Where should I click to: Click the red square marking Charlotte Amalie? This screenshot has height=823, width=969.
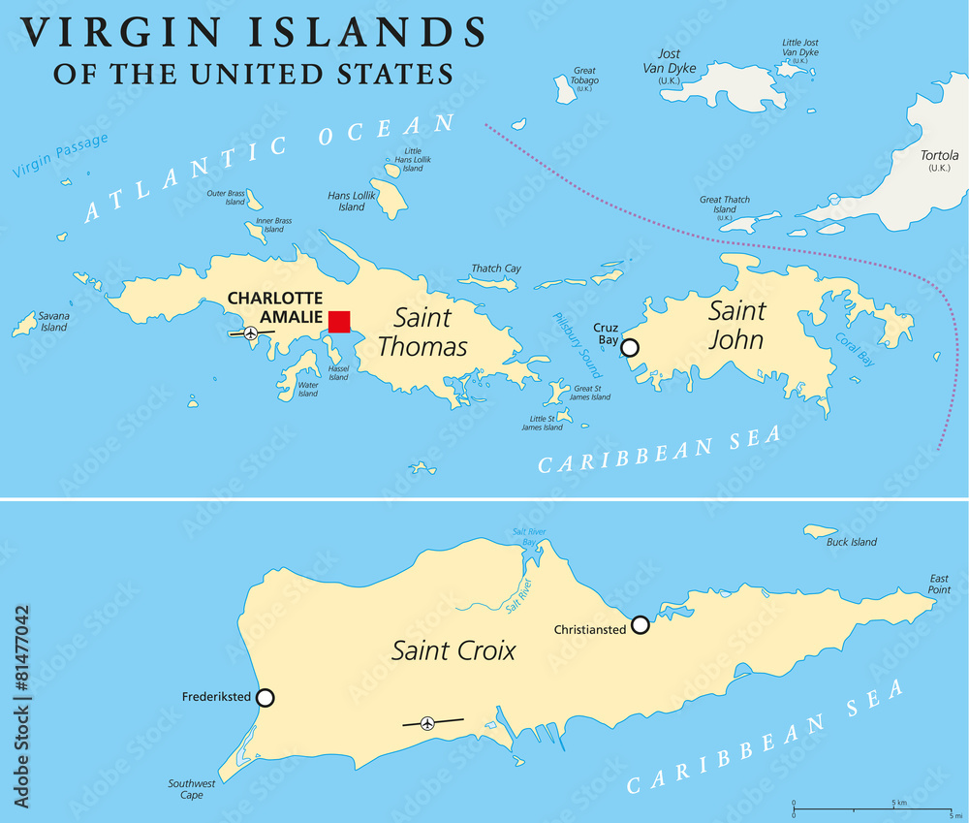[339, 322]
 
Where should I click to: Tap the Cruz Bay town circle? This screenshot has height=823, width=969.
[630, 347]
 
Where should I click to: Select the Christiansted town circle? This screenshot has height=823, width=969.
[640, 625]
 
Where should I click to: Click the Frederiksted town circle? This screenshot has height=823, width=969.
[265, 697]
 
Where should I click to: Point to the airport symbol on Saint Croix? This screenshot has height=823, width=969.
[427, 722]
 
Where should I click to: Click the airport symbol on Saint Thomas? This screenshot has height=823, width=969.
[251, 332]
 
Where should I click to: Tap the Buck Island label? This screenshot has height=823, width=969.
[851, 542]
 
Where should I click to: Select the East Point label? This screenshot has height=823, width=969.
[938, 585]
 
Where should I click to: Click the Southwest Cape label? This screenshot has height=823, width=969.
[185, 789]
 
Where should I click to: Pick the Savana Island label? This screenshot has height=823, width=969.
[53, 322]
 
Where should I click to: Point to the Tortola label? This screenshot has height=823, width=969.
[939, 161]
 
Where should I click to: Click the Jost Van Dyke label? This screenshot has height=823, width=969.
[670, 61]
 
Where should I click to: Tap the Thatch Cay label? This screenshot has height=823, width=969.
[496, 269]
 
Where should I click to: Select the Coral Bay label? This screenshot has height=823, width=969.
[855, 350]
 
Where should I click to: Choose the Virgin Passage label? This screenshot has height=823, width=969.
[60, 155]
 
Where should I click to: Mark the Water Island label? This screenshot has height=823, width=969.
[307, 389]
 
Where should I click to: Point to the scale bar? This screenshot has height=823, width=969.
[871, 807]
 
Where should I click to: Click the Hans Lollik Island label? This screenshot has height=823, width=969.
[352, 201]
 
